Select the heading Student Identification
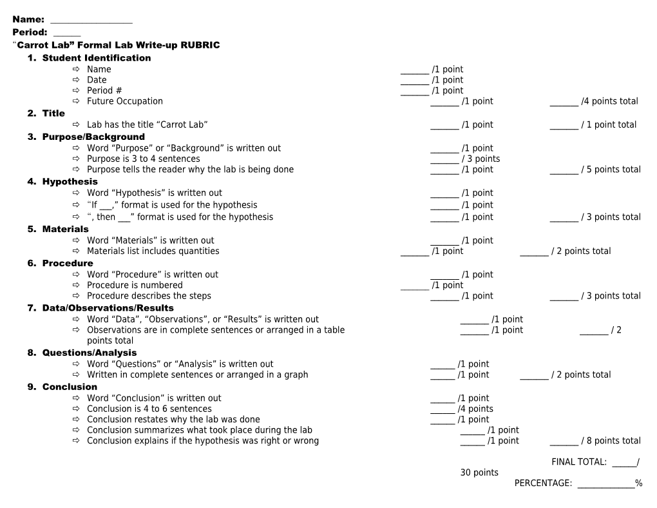click(x=96, y=58)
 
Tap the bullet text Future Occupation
click(x=124, y=101)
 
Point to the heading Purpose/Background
click(x=93, y=137)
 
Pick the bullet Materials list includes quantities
click(x=153, y=251)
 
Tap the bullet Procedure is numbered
click(x=135, y=285)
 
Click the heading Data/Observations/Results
click(x=108, y=308)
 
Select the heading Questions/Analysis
click(x=89, y=353)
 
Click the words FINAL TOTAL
click(x=578, y=462)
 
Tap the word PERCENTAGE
click(x=542, y=484)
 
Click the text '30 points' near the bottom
click(x=479, y=473)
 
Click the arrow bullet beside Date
click(x=75, y=80)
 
